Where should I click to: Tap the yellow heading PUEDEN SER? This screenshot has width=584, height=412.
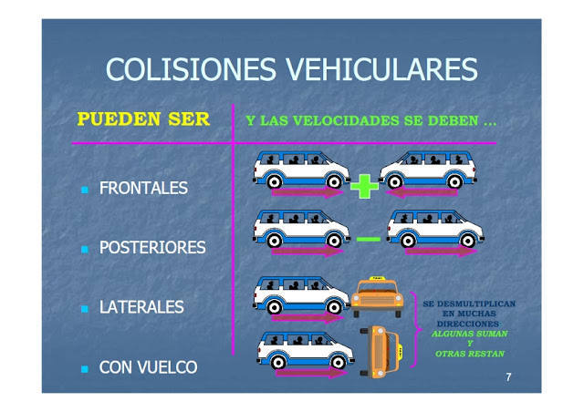pyautogui.click(x=143, y=119)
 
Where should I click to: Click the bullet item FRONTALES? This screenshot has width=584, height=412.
pyautogui.click(x=143, y=189)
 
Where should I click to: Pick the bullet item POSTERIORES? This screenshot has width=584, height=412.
pyautogui.click(x=152, y=248)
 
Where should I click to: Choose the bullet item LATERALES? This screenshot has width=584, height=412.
pyautogui.click(x=141, y=307)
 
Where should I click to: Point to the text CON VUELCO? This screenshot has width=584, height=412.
pyautogui.click(x=148, y=367)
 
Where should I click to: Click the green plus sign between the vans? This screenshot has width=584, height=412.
pyautogui.click(x=364, y=187)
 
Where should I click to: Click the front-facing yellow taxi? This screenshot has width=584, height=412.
pyautogui.click(x=377, y=296)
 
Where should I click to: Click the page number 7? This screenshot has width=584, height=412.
pyautogui.click(x=508, y=376)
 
